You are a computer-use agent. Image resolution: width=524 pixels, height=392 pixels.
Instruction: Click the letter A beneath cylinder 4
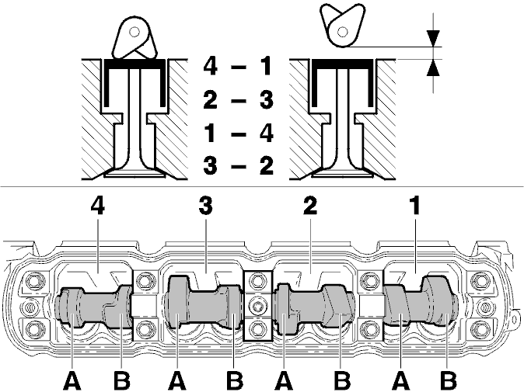pyautogui.click(x=72, y=381)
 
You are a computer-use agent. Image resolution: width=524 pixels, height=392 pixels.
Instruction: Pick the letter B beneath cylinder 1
pyautogui.click(x=449, y=381)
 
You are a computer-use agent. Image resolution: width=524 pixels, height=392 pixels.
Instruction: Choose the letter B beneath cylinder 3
pyautogui.click(x=235, y=381)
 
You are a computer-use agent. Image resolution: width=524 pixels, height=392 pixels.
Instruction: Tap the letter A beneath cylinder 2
pyautogui.click(x=284, y=381)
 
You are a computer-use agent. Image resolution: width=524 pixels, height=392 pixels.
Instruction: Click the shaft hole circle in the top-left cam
pyautogui.click(x=135, y=32)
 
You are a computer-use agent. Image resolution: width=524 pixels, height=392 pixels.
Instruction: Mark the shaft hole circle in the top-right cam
pyautogui.click(x=342, y=32)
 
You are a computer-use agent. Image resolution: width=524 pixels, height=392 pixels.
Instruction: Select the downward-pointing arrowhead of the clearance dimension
pyautogui.click(x=433, y=38)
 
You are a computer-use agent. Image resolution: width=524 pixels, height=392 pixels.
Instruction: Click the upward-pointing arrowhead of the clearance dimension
pyautogui.click(x=433, y=68)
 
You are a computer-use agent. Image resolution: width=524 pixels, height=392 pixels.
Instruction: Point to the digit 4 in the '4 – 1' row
pyautogui.click(x=211, y=66)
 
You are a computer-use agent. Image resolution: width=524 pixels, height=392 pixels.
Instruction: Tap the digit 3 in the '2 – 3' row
pyautogui.click(x=267, y=99)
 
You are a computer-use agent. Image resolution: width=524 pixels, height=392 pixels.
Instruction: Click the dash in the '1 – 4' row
pyautogui.click(x=239, y=134)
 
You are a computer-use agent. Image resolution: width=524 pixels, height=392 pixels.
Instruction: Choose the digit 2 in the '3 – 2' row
pyautogui.click(x=267, y=166)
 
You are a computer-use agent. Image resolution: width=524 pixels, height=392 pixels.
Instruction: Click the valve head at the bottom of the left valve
pyautogui.click(x=134, y=172)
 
